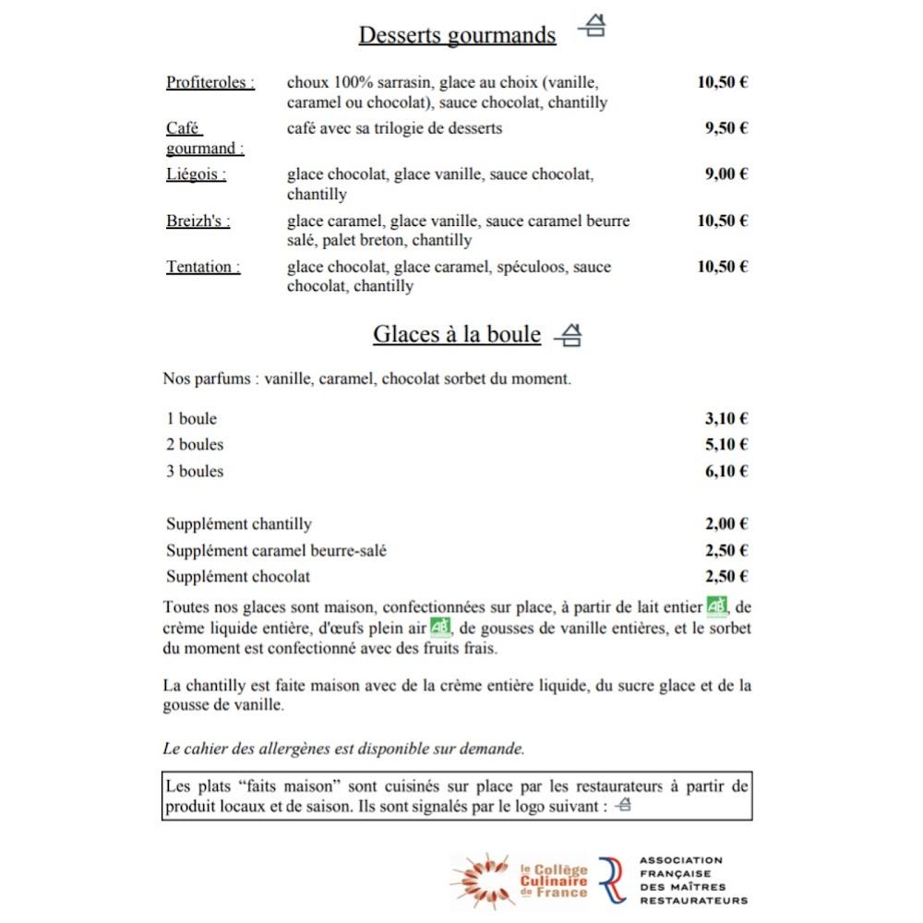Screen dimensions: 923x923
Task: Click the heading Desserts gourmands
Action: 457,35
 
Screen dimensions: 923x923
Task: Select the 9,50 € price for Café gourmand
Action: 726,128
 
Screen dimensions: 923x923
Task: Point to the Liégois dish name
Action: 196,174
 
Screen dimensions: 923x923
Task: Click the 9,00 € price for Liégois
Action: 726,174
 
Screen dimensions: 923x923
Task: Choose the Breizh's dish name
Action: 198,221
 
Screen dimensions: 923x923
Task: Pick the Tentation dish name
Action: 203,267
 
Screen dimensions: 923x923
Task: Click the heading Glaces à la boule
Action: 457,334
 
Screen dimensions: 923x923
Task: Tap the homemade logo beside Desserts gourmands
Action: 593,29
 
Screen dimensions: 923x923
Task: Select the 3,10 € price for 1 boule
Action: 726,418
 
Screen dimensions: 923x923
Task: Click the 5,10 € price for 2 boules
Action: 726,445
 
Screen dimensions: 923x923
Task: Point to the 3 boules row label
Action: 195,472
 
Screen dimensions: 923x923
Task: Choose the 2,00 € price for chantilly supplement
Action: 726,524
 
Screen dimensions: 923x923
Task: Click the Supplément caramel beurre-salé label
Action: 276,551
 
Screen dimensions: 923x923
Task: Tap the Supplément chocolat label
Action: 238,577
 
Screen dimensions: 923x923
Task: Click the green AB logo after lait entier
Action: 716,607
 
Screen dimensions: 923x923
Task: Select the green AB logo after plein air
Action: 440,628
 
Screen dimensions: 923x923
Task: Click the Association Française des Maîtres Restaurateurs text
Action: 692,880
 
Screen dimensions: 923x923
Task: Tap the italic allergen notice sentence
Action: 343,749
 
